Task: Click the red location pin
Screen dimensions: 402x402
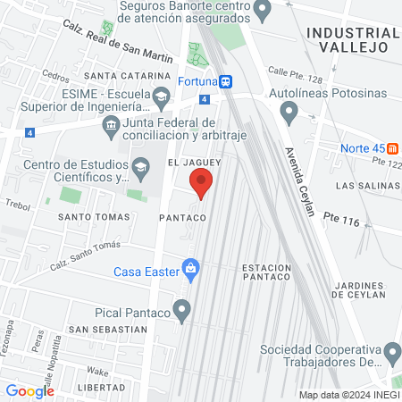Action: point(202,184)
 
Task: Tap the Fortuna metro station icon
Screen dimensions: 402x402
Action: point(228,81)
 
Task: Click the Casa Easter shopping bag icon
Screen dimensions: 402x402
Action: point(189,267)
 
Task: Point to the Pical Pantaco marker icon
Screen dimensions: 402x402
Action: point(183,313)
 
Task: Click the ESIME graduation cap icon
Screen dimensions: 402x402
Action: point(161,96)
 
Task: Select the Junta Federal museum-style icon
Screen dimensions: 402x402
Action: point(111,122)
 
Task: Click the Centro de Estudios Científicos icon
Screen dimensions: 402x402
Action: point(140,167)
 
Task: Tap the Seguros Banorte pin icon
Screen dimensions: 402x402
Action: point(262,12)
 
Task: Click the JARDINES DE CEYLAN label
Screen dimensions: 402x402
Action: point(358,289)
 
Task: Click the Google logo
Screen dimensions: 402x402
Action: point(29,390)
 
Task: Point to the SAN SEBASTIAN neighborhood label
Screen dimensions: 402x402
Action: point(107,329)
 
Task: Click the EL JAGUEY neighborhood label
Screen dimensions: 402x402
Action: point(194,163)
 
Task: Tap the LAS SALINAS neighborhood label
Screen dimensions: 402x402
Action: point(364,185)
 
